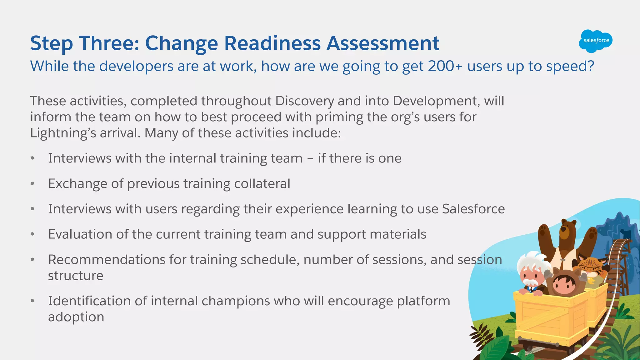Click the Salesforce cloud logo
(596, 41)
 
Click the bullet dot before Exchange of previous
(32, 184)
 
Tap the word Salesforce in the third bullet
(473, 209)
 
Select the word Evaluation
(80, 234)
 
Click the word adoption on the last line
(76, 317)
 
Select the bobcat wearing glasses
(591, 267)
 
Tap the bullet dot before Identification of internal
(32, 301)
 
